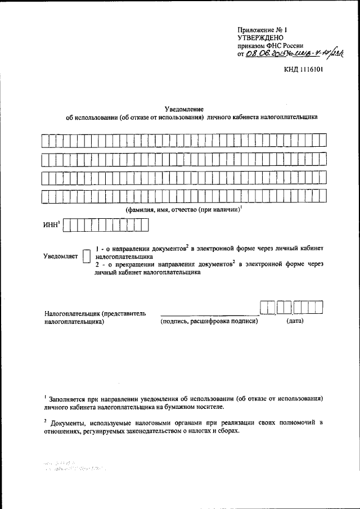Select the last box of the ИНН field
click(x=145, y=225)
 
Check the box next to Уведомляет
click(x=86, y=255)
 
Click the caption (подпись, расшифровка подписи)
click(x=209, y=322)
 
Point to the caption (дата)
click(x=294, y=322)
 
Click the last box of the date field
click(x=319, y=307)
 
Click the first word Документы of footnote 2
click(x=67, y=422)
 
